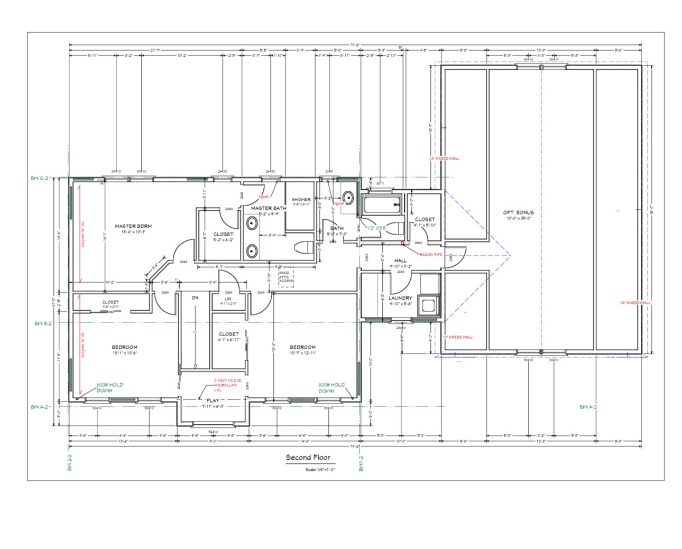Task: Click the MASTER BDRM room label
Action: click(x=133, y=226)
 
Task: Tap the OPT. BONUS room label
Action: click(x=518, y=212)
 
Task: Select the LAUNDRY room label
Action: click(x=400, y=298)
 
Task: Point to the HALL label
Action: click(x=400, y=260)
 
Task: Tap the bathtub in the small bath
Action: click(x=381, y=205)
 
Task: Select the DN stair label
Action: click(x=195, y=298)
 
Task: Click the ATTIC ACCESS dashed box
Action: click(x=286, y=278)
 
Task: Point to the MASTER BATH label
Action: click(x=268, y=208)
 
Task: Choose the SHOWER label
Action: click(x=301, y=200)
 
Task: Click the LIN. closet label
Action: click(x=228, y=299)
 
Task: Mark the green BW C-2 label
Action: click(x=41, y=179)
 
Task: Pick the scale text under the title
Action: click(x=320, y=469)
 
